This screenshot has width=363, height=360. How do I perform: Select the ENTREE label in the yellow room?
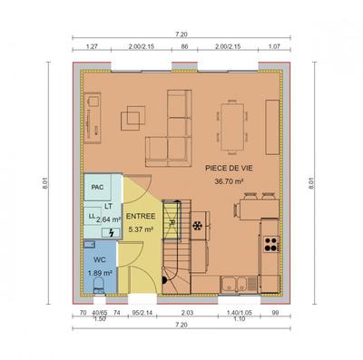point(141,217)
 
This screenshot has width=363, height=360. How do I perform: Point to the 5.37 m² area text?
point(141,229)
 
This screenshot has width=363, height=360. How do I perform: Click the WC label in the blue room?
point(98,258)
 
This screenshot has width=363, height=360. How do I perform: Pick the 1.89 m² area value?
point(98,272)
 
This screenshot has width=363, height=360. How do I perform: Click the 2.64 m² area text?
point(108,219)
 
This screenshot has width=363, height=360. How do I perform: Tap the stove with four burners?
point(270,241)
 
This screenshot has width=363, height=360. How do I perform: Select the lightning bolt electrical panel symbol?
point(112,233)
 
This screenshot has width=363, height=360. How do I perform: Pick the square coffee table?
point(137,115)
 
